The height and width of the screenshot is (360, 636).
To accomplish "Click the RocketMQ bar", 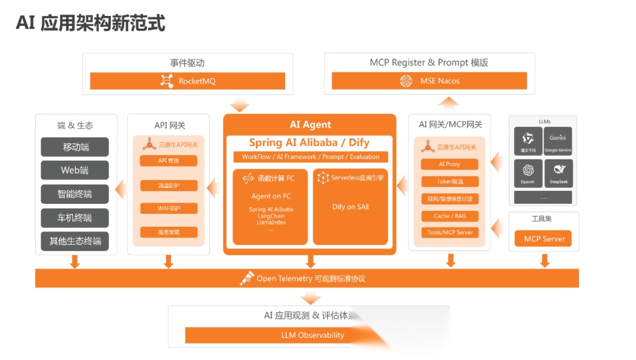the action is [x=187, y=81].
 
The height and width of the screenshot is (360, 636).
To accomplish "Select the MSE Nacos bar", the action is [x=429, y=81].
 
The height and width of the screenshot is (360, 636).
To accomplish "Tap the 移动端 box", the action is [x=75, y=147].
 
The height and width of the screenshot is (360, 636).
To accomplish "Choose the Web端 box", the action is [x=75, y=170].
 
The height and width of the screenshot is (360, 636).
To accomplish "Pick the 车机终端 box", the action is [x=75, y=217].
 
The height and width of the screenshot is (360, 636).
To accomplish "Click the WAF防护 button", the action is [x=168, y=209].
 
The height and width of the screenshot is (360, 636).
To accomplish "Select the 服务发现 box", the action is [x=168, y=232].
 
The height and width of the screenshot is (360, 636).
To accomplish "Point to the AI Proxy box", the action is [x=450, y=164].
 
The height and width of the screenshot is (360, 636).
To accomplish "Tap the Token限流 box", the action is [x=450, y=181].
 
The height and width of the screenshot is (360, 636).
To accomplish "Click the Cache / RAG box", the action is [x=450, y=216].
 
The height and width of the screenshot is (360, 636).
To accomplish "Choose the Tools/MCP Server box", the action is [x=450, y=232].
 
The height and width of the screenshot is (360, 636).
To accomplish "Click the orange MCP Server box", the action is [x=544, y=239].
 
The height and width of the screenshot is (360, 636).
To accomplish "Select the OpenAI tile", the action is [x=528, y=174].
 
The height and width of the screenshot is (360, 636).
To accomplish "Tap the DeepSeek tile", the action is [x=558, y=174].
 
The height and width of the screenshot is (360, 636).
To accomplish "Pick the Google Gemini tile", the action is [x=558, y=141].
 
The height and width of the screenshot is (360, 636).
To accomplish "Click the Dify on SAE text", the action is [x=351, y=207].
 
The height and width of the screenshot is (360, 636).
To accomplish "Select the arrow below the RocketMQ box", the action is [x=240, y=105].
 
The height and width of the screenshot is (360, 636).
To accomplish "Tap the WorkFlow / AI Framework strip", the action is [x=310, y=157].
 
